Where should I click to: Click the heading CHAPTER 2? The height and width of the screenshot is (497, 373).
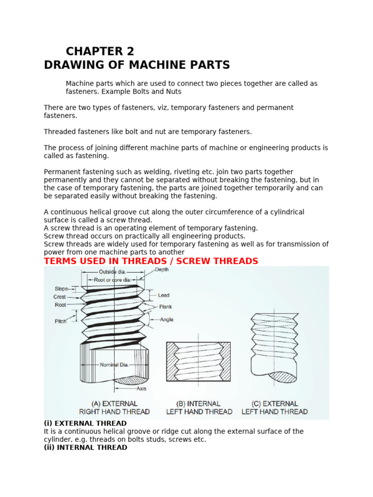coord(100,51)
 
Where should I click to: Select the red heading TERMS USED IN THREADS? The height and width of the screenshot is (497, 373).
coord(151,261)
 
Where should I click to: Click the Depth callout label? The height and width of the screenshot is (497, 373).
coord(162,270)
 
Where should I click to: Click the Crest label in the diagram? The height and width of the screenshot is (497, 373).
coord(60,297)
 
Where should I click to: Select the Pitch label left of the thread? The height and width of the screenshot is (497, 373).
coord(60,321)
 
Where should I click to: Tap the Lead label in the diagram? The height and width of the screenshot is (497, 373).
coord(164,295)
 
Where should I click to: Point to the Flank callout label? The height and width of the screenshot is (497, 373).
coord(165,307)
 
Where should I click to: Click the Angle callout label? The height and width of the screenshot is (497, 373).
coord(167,320)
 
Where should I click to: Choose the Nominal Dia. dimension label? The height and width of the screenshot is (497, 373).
coord(114,365)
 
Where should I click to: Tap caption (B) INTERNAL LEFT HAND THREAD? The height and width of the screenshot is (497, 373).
coord(199,408)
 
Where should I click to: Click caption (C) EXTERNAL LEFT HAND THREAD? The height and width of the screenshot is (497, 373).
coord(274,408)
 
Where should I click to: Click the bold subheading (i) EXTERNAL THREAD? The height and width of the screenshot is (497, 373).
coord(85,423)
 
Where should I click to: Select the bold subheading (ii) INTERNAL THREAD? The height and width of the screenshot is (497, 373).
coord(85,447)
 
